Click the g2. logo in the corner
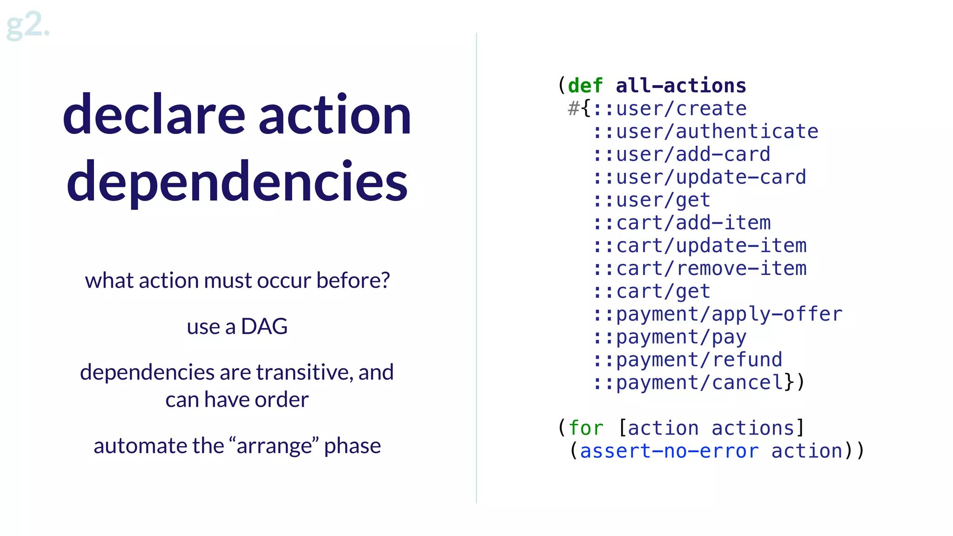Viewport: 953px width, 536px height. click(x=28, y=25)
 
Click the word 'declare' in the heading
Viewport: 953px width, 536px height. click(x=154, y=115)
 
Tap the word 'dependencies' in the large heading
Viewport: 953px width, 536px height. click(x=237, y=181)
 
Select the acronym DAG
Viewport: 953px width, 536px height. click(x=264, y=327)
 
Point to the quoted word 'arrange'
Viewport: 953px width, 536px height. click(x=275, y=446)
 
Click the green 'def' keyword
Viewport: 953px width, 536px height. click(x=585, y=86)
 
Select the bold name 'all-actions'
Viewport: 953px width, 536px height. click(x=681, y=86)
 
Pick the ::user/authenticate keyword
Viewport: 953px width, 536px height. click(x=705, y=132)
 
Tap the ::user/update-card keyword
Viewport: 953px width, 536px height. click(x=699, y=177)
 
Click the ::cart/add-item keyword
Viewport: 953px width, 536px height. click(x=682, y=223)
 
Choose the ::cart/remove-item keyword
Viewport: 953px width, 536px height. click(x=699, y=268)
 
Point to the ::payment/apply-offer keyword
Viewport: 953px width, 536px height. click(x=718, y=314)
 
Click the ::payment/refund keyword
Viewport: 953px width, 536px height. click(x=688, y=360)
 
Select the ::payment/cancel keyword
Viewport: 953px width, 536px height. click(x=688, y=382)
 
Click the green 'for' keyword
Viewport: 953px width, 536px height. click(x=586, y=428)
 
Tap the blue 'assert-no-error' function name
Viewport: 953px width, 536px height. click(x=669, y=451)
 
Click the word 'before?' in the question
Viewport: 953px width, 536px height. click(x=353, y=281)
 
